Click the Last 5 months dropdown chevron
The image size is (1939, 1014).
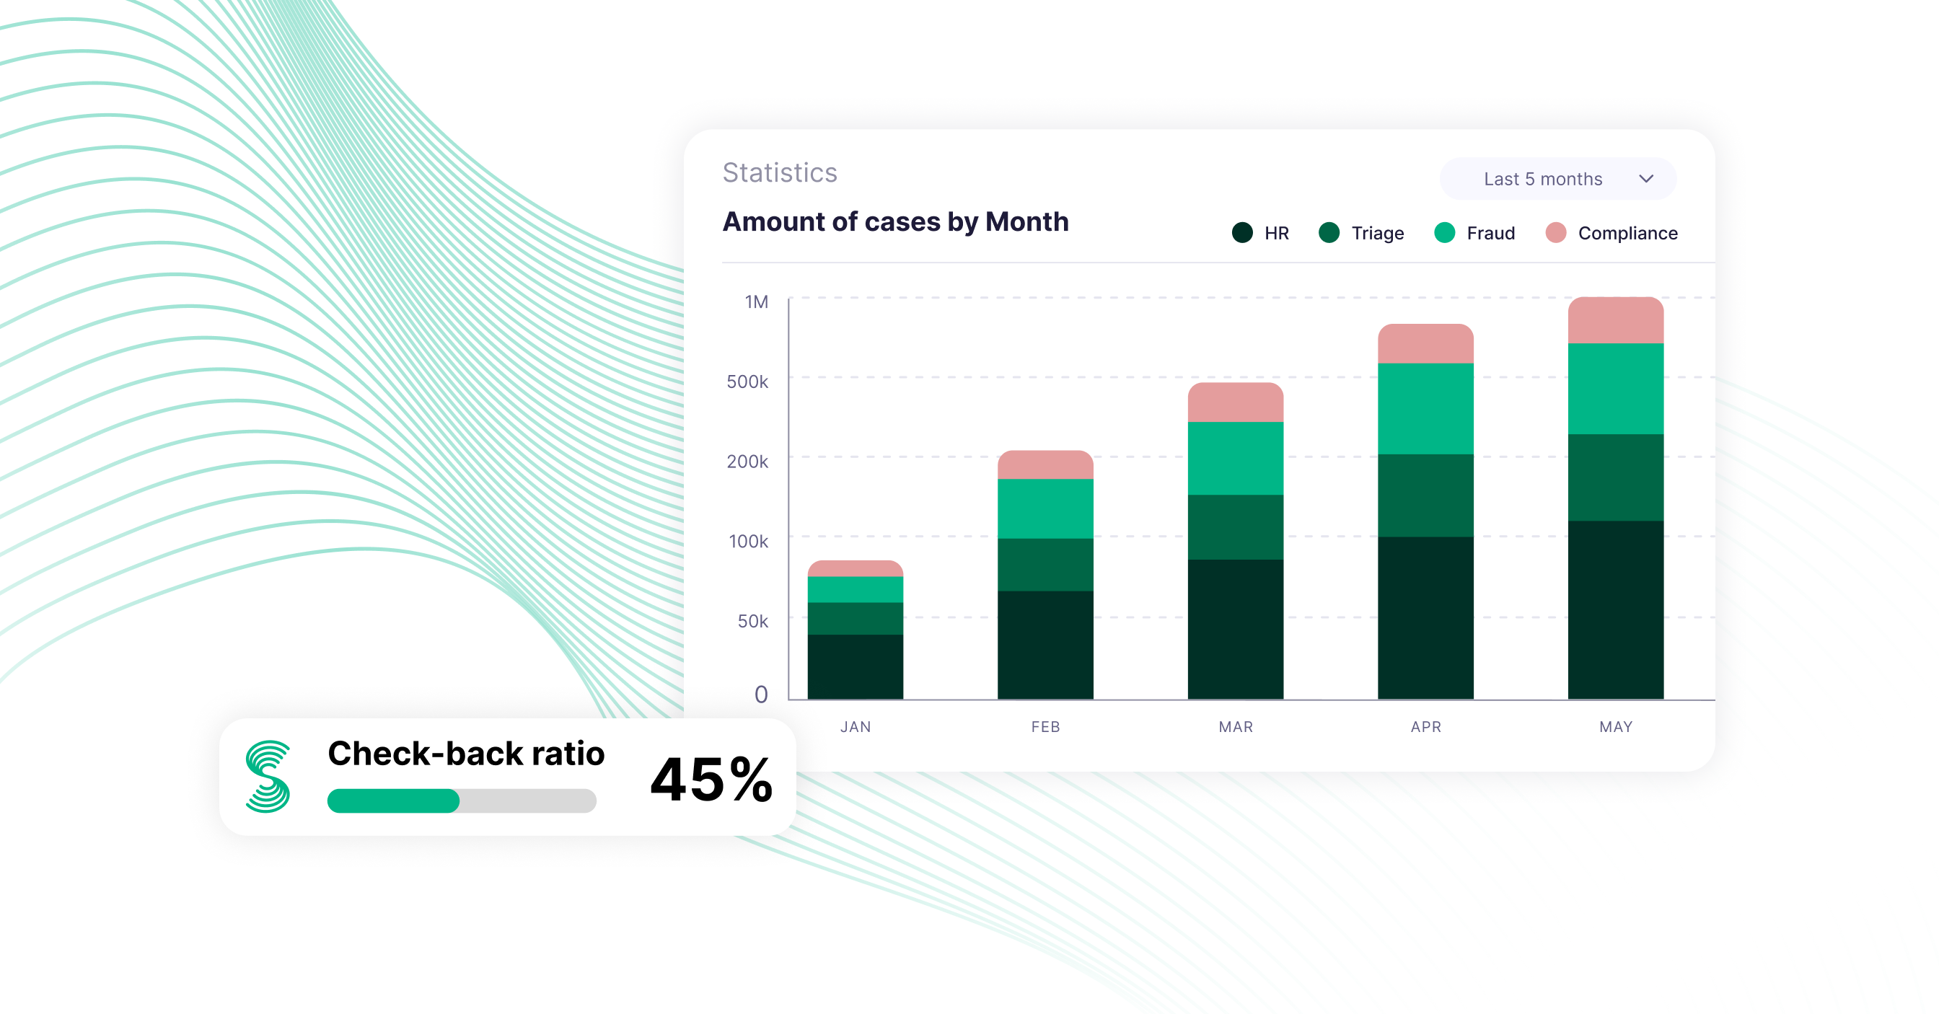click(x=1646, y=179)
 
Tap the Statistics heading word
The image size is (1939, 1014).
click(x=780, y=173)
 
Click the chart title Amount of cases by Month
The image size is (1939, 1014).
click(x=895, y=222)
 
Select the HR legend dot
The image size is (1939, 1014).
click(x=1242, y=233)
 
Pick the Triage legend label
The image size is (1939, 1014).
click(x=1377, y=234)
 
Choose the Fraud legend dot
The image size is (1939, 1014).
click(x=1444, y=233)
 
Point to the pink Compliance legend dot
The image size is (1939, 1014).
click(x=1556, y=233)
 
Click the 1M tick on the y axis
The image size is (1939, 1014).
click(x=757, y=303)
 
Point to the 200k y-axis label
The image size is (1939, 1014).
click(x=747, y=462)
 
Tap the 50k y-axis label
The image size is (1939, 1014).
click(x=752, y=621)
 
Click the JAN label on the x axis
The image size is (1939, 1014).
click(x=856, y=727)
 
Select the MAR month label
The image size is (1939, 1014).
click(x=1236, y=727)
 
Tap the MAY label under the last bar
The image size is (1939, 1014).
click(x=1615, y=727)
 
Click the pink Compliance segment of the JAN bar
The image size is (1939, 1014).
click(x=856, y=568)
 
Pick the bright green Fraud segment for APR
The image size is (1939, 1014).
click(x=1425, y=409)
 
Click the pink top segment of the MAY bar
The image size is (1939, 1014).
click(x=1615, y=321)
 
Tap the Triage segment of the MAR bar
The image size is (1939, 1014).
click(x=1236, y=527)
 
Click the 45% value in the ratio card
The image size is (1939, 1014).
click(x=711, y=780)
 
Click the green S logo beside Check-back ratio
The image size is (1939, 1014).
click(x=268, y=776)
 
